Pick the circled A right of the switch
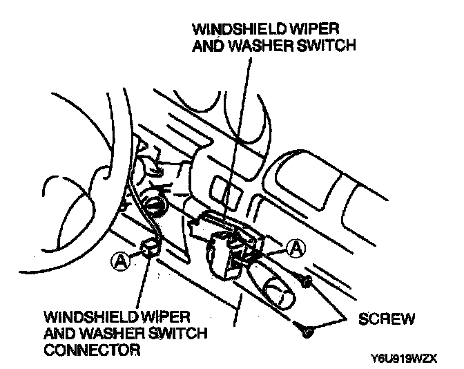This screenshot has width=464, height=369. coord(296,247)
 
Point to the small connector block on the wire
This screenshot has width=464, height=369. coord(149,247)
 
